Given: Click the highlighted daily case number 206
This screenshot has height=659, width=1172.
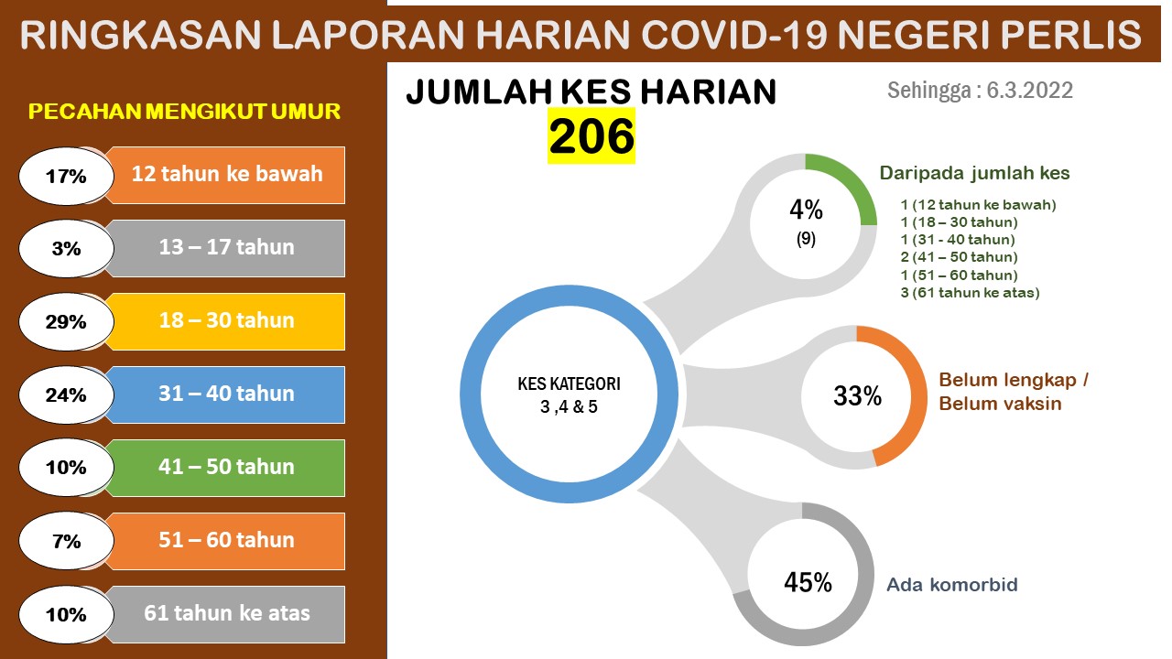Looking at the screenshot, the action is coord(591,136).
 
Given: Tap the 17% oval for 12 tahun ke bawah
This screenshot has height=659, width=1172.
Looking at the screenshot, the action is coord(66,176).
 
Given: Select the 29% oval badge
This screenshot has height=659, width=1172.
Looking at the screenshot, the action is coord(66,321).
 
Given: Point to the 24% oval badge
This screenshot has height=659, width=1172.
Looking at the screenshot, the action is coord(66,394).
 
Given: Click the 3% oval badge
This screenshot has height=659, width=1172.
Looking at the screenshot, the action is coord(66,248).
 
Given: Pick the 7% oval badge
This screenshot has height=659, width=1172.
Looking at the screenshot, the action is coord(66,541).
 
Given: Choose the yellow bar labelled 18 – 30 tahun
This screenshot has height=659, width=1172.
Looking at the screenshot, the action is coord(226,321).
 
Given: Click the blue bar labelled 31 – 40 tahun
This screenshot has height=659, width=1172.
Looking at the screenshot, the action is coord(226,394).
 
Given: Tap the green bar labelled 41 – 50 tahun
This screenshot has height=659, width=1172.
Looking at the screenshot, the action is coord(226,468).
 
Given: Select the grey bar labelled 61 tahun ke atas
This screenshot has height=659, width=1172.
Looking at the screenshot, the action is coord(226,614).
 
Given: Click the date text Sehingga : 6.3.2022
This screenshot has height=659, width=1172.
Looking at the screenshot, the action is coord(980,91).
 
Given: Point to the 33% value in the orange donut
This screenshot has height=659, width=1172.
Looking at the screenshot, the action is coord(858,396).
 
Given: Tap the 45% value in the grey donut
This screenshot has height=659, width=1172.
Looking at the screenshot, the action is coord(808,582).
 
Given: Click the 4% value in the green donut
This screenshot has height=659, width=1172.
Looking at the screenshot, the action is coord(807,210).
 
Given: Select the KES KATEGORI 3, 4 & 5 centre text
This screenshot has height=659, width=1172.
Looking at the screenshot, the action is coord(569,394).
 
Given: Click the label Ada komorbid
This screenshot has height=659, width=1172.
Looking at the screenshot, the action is coord(952,585).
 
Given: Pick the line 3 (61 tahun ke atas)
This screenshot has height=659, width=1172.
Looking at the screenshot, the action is coord(970,292).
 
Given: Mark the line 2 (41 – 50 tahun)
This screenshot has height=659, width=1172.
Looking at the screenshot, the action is coord(959,257).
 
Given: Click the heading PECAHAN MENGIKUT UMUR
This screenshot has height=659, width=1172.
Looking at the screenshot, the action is coord(184,112).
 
